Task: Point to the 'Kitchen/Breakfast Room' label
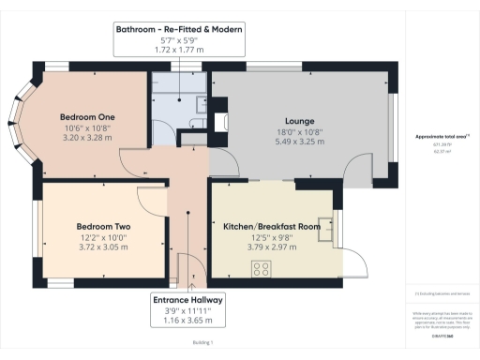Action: (x=272, y=227)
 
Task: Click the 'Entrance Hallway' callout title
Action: (x=187, y=300)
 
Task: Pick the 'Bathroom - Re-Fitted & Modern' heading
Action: (x=179, y=29)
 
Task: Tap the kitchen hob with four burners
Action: (x=262, y=268)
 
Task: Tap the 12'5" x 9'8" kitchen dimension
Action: (x=272, y=238)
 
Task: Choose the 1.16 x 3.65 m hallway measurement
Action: (x=187, y=322)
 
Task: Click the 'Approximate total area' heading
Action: (x=440, y=136)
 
